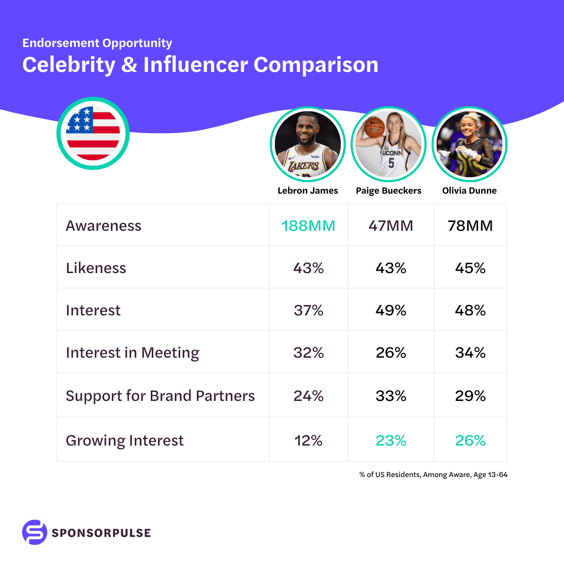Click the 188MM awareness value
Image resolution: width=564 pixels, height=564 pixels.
308,226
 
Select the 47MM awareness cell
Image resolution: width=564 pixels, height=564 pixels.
391,226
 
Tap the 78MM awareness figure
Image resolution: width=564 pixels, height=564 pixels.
470,226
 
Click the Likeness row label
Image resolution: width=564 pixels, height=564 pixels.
96,268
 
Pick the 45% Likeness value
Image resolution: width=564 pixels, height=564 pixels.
470,268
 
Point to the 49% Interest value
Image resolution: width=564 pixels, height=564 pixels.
391,310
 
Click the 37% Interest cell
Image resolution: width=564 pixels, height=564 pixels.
308,310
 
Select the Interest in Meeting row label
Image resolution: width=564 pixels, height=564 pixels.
133,352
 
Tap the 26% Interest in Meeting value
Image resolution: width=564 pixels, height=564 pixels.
391,352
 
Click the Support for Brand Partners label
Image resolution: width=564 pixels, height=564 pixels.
160,396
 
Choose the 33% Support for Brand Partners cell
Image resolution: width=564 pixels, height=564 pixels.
391,396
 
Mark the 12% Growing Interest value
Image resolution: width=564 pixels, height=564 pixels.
308,440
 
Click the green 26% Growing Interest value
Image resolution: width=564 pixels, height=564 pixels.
470,440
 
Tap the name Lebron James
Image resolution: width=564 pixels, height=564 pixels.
308,190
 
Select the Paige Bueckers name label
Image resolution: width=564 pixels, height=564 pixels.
389,190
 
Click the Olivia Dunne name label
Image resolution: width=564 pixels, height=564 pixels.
470,190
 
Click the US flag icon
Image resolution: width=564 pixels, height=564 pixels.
93,133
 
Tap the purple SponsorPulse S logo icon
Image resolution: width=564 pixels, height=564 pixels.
35,532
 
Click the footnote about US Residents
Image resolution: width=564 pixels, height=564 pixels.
433,475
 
